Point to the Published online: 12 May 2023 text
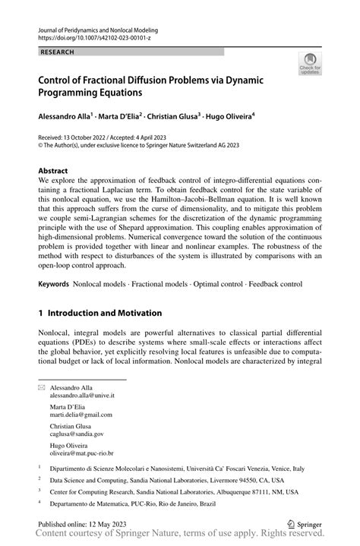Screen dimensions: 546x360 pos(84,525)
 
